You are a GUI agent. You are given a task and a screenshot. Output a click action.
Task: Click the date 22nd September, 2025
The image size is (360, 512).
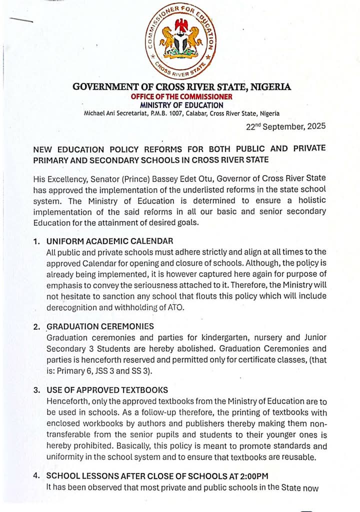286,126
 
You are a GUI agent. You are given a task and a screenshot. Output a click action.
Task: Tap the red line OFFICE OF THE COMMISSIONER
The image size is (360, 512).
181,97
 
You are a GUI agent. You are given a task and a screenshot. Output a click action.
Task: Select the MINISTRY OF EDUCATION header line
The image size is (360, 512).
181,105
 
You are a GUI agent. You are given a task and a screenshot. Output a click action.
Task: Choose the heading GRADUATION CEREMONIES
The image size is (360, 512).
100,326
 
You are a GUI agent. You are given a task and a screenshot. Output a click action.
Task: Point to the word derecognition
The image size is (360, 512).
70,307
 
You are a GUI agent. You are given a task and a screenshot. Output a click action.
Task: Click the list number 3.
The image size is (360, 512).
36,390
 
